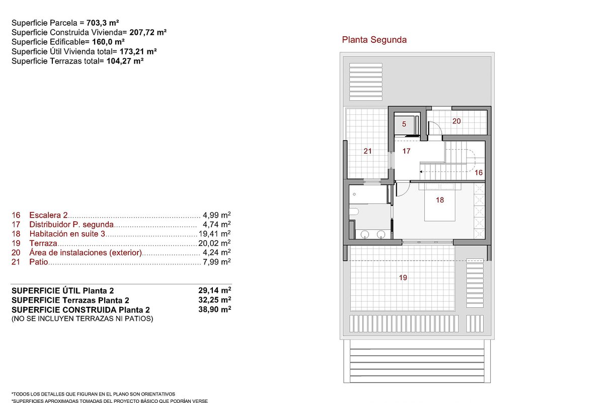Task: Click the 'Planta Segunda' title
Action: (374, 40)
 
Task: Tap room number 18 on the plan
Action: (440, 200)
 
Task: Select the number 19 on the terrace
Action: (403, 278)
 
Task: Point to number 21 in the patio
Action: (367, 151)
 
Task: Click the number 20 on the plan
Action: (457, 121)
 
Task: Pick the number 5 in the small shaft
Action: (404, 124)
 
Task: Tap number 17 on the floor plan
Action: (406, 151)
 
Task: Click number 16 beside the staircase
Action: (478, 173)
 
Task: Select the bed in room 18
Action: (440, 202)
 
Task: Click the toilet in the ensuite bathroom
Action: (354, 212)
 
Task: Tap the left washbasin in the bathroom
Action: (364, 234)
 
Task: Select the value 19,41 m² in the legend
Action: (214, 233)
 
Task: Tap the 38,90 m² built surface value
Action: (214, 309)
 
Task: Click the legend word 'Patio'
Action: (39, 262)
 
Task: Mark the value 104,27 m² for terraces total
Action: (125, 61)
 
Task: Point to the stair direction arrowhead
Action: (421, 172)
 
